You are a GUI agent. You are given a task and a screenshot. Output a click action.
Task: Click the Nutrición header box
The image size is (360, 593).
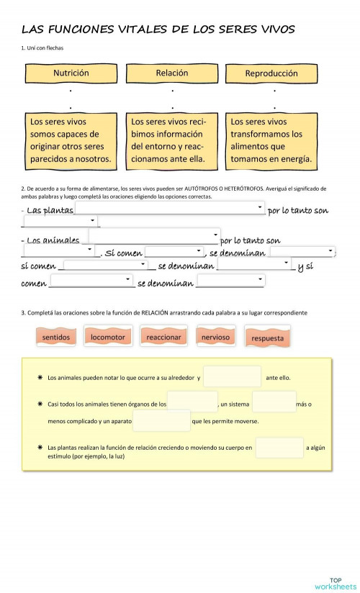tap(71, 73)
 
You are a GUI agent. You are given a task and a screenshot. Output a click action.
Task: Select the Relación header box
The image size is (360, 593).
tap(172, 73)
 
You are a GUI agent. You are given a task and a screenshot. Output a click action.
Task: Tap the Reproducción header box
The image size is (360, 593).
tap(271, 73)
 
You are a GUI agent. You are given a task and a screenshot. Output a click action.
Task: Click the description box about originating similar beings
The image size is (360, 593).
tap(71, 140)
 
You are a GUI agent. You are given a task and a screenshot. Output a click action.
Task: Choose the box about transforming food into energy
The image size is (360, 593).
tap(271, 140)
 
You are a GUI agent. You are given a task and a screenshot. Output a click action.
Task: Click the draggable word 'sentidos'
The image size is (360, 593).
tap(55, 336)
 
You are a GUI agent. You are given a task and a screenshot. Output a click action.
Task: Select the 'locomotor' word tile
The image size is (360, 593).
tap(108, 336)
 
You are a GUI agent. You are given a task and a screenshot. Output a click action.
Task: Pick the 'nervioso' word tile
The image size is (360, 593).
tap(215, 336)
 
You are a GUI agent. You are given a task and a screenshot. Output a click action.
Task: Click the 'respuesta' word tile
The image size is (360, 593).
tap(267, 338)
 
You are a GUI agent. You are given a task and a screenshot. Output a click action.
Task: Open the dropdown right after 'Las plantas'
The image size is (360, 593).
tap(170, 208)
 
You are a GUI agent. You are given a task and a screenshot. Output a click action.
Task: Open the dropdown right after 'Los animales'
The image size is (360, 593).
tap(153, 236)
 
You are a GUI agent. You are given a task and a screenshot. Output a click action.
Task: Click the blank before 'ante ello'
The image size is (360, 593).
tap(232, 377)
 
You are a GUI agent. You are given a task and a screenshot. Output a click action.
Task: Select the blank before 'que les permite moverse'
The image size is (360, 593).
tap(161, 421)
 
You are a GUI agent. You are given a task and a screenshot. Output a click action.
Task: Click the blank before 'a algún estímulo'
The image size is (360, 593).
tap(279, 448)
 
